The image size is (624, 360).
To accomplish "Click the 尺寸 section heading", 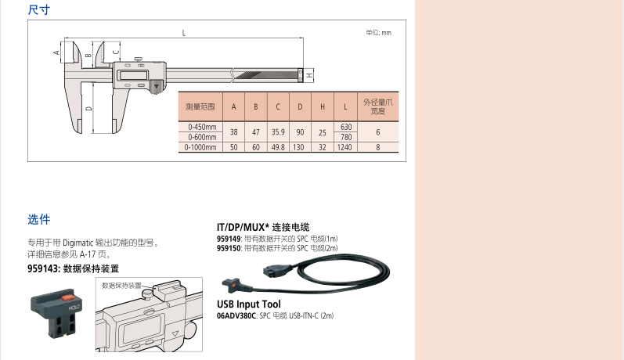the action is click(x=38, y=9).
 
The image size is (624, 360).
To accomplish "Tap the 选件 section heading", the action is click(x=38, y=219).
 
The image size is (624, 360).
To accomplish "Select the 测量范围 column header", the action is click(x=200, y=106).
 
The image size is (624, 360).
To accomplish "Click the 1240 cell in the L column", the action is click(x=344, y=147).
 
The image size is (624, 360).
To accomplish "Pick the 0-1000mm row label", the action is click(x=200, y=147).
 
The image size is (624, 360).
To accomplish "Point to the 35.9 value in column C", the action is click(x=278, y=132).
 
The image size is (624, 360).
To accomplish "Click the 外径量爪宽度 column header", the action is click(x=377, y=106).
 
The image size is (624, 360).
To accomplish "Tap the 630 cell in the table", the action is click(x=346, y=127).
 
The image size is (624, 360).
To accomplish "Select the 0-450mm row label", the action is click(x=202, y=127).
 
